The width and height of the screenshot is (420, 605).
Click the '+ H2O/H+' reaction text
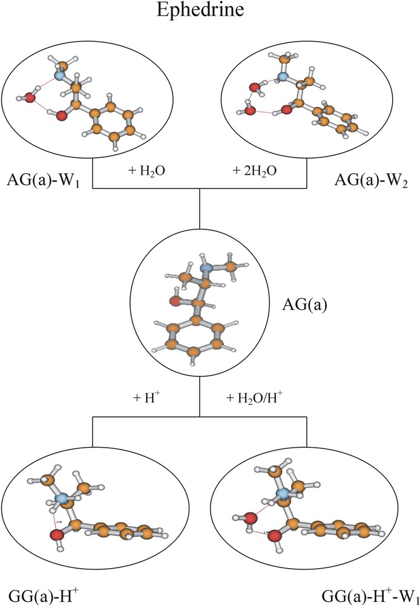[255, 397]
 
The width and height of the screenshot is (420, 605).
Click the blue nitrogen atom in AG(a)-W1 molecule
[59, 76]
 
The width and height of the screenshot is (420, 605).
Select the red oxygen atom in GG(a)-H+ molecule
[56, 535]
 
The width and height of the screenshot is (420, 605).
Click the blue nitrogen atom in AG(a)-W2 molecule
[282, 77]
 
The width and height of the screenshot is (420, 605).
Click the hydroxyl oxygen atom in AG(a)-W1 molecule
[61, 116]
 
